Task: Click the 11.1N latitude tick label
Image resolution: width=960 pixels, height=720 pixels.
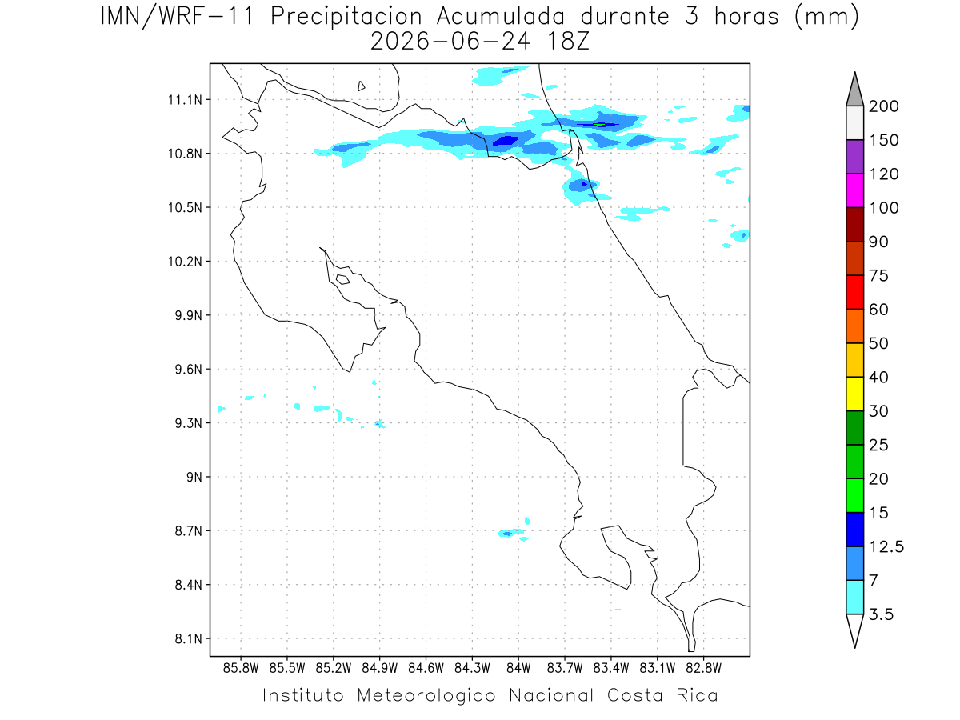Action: [x=185, y=100]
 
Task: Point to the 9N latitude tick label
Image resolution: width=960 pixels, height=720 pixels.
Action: [x=194, y=477]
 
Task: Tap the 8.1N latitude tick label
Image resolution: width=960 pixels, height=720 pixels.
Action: [x=189, y=638]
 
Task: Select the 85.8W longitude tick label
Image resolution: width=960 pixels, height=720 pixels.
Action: [x=241, y=669]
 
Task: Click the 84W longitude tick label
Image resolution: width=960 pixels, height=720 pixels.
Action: [x=518, y=669]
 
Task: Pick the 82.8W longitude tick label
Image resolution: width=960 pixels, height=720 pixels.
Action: [x=703, y=669]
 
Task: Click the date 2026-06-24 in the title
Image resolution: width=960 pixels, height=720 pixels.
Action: [x=450, y=42]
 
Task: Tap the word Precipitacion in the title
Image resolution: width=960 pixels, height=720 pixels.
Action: [x=346, y=18]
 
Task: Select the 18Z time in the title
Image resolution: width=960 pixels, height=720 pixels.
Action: [x=568, y=42]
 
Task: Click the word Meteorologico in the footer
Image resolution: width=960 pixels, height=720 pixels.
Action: [x=426, y=695]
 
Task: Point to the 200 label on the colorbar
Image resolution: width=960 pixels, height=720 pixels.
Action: [x=883, y=106]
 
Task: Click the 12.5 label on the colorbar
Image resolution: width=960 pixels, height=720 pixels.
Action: [x=886, y=547]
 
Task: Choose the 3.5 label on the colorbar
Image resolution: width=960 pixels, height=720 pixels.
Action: [x=881, y=614]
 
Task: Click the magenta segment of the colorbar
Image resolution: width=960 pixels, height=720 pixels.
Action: [x=854, y=190]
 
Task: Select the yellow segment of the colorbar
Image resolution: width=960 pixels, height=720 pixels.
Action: [x=854, y=394]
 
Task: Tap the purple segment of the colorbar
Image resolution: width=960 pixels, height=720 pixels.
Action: [x=854, y=157]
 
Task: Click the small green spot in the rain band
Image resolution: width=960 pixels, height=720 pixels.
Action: [x=600, y=125]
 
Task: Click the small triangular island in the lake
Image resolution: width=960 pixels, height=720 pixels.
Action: [x=361, y=86]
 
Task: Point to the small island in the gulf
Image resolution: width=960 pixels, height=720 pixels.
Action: [x=343, y=279]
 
